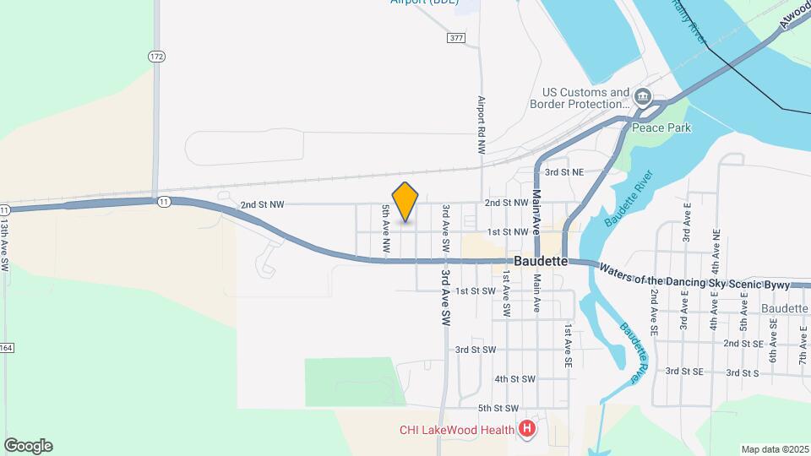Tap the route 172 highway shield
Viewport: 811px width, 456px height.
point(155,57)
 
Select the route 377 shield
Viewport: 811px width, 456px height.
point(457,38)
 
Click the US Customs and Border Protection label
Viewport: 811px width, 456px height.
point(585,98)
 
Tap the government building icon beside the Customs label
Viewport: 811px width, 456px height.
point(643,99)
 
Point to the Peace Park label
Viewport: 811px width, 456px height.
point(661,128)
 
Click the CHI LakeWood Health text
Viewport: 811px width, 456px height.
point(457,430)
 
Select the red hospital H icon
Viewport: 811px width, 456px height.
point(528,430)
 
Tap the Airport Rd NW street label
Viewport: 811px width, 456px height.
point(481,123)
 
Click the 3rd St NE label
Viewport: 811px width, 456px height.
point(563,172)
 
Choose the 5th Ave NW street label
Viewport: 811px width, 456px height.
point(385,228)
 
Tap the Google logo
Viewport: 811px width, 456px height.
point(28,446)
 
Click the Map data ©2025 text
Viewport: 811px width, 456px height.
point(776,449)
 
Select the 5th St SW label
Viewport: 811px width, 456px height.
point(497,408)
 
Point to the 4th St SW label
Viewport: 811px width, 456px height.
point(514,379)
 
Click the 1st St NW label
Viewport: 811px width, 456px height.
point(507,231)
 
